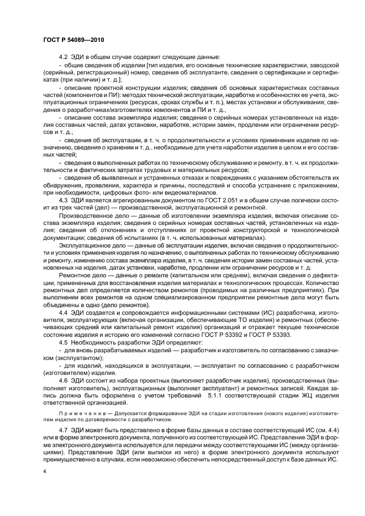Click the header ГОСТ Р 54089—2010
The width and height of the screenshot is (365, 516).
click(x=73, y=40)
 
